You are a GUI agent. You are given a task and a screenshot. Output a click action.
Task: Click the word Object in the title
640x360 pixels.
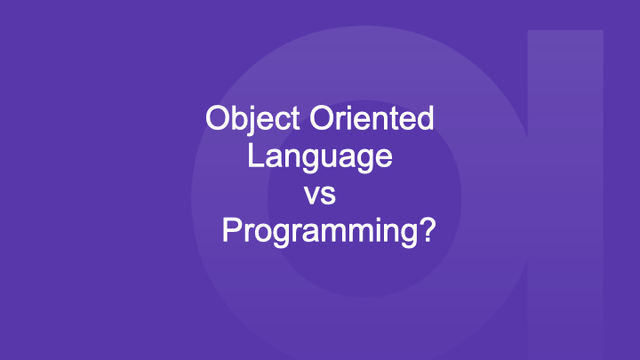[x=252, y=120]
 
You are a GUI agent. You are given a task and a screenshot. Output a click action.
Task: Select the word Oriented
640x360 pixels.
[x=372, y=118]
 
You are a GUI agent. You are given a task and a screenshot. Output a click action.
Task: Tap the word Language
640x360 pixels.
[x=320, y=157]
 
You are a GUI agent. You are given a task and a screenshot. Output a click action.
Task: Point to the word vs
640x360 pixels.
[x=320, y=195]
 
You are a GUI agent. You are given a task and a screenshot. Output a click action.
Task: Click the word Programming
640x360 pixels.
[x=320, y=232]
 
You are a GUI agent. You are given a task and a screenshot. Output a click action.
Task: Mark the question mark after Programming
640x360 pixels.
[x=428, y=229]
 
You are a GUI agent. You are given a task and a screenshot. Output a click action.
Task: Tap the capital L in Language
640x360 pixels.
[x=256, y=155]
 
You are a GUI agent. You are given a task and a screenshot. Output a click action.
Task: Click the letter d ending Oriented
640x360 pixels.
[x=425, y=118]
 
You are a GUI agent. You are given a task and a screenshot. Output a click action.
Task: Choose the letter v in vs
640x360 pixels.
[x=312, y=195]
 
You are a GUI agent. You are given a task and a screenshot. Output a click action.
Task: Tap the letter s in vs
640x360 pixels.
[x=329, y=195]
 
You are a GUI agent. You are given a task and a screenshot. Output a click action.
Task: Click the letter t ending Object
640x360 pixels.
[x=295, y=120]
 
